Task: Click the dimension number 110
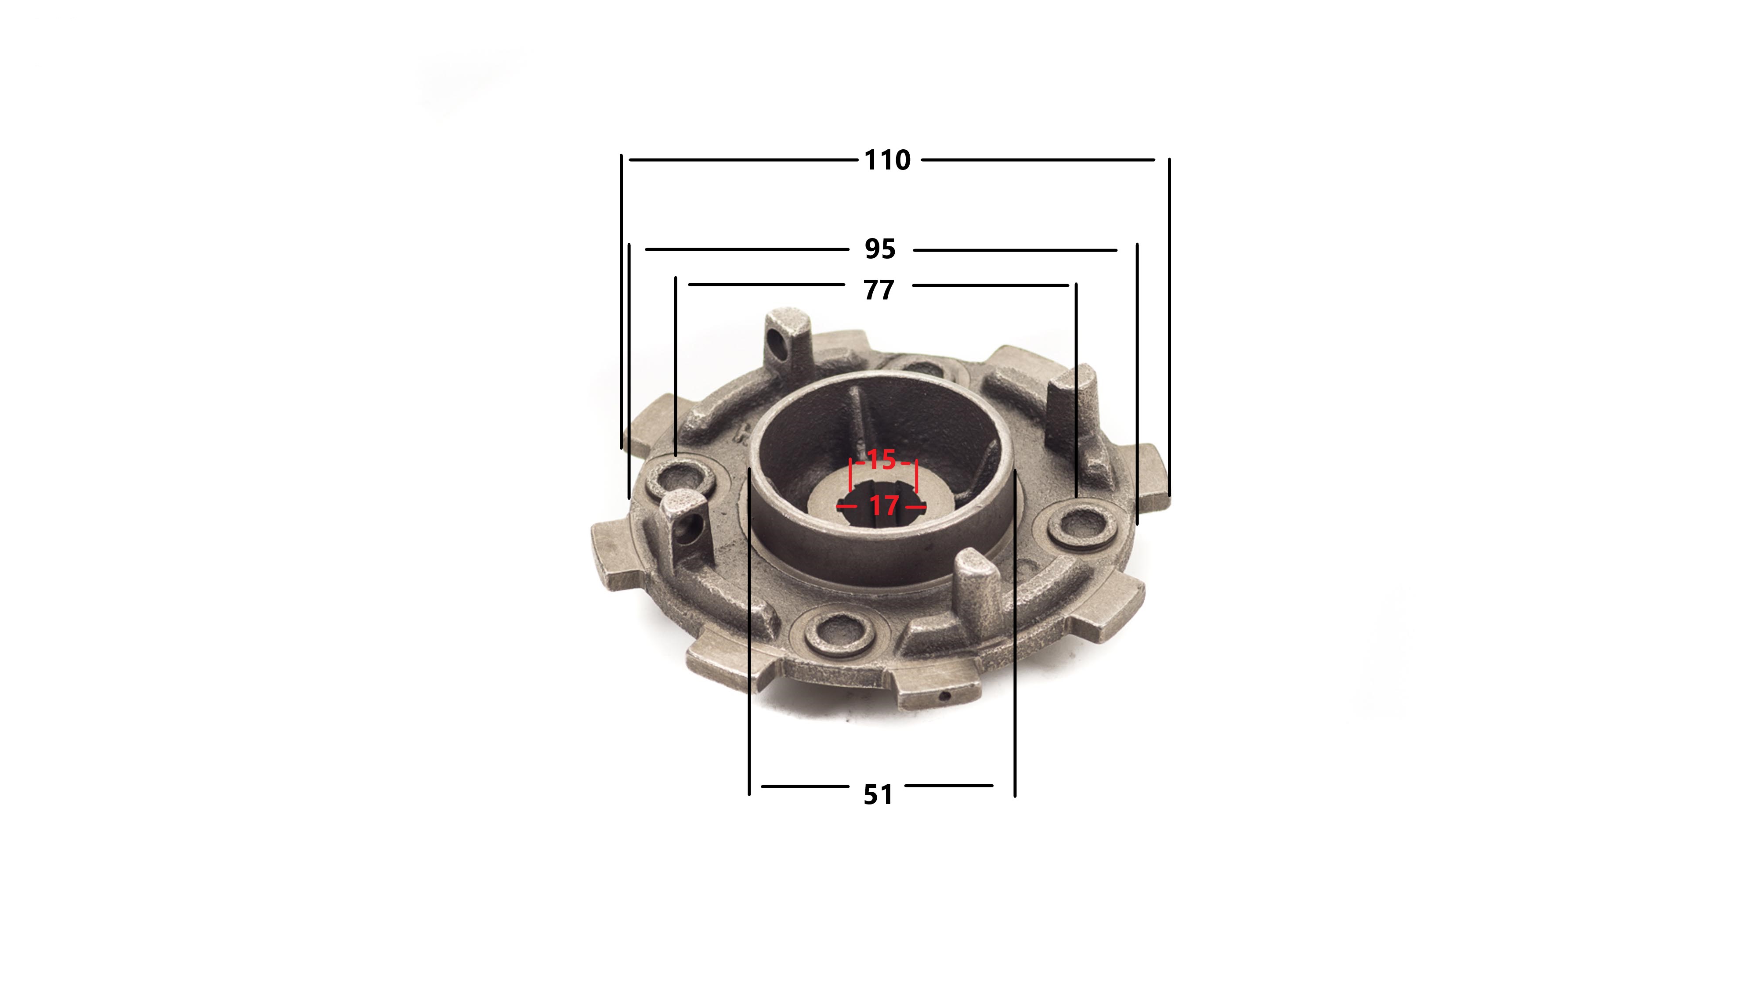[887, 160]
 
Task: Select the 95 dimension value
[880, 249]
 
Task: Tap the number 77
[878, 290]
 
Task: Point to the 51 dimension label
[878, 794]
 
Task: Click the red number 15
[881, 460]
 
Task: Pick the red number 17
[884, 505]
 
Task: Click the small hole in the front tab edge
[945, 696]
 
